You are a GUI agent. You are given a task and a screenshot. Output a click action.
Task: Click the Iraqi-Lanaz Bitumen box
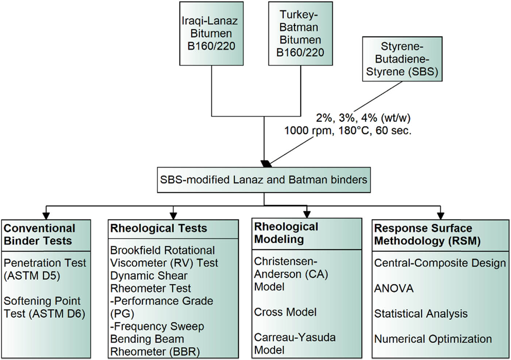tap(211, 34)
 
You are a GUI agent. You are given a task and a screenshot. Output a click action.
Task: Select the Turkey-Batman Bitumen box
tap(300, 34)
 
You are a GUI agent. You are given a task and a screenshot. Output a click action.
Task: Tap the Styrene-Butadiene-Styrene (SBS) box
tap(402, 59)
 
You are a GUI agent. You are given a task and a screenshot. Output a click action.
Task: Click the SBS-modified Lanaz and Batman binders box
tap(264, 180)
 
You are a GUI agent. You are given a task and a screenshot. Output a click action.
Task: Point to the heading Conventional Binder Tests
tap(39, 234)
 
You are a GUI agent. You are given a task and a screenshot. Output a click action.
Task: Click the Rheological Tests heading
tap(158, 229)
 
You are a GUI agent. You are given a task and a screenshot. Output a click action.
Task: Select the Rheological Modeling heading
tap(286, 233)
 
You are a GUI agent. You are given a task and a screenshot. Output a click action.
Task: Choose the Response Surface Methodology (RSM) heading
tap(427, 234)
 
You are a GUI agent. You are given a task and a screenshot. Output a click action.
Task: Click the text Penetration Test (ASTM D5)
tap(45, 269)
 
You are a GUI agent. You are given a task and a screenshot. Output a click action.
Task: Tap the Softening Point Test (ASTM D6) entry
tap(44, 307)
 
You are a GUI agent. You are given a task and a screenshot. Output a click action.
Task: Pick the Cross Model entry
tap(285, 312)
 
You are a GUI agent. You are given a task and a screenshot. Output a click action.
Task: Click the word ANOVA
tap(394, 288)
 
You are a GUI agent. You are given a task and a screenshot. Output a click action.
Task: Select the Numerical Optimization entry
tap(433, 339)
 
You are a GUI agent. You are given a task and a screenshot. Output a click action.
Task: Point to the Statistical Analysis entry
tap(421, 314)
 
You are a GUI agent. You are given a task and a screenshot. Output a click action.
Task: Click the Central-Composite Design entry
tap(440, 263)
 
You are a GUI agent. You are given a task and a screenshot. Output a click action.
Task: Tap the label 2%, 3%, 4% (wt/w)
tap(363, 118)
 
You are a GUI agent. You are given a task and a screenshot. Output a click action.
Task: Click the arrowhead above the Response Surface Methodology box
tap(441, 215)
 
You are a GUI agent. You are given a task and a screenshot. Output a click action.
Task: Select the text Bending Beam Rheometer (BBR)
tap(155, 345)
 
